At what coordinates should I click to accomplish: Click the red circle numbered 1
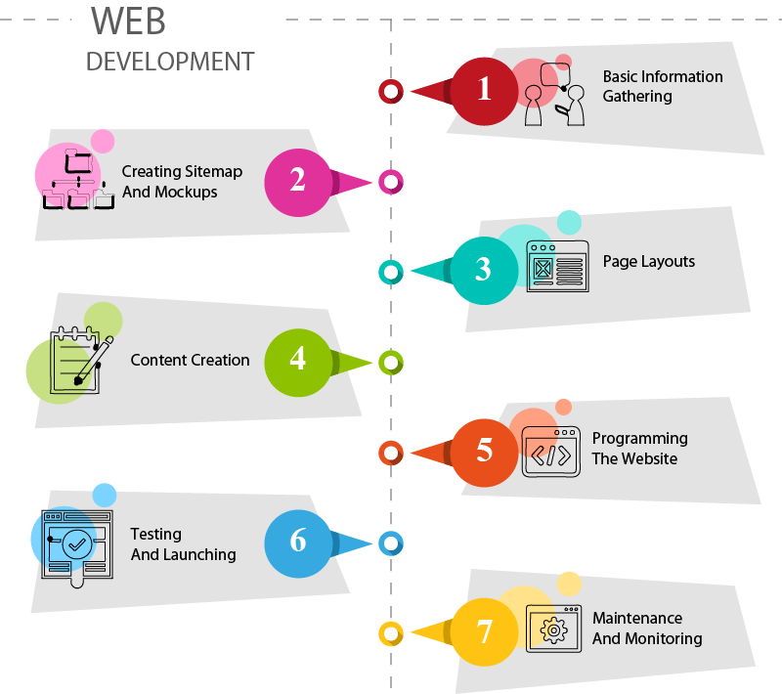pyautogui.click(x=484, y=90)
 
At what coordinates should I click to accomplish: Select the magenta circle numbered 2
pyautogui.click(x=298, y=181)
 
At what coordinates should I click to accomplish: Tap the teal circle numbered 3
pyautogui.click(x=484, y=270)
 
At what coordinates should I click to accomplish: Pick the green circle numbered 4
pyautogui.click(x=298, y=361)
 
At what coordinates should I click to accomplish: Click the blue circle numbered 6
pyautogui.click(x=298, y=542)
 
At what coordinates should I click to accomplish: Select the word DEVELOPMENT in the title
pyautogui.click(x=170, y=61)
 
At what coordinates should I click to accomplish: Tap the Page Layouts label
pyautogui.click(x=648, y=262)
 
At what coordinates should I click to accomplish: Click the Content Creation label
pyautogui.click(x=190, y=361)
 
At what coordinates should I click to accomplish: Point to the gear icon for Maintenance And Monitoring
pyautogui.click(x=554, y=629)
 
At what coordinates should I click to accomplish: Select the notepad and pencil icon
pyautogui.click(x=77, y=361)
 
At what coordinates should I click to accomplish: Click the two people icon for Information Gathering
pyautogui.click(x=554, y=94)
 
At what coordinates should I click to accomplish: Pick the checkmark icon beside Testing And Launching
pyautogui.click(x=76, y=542)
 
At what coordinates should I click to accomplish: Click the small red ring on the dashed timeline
pyautogui.click(x=391, y=91)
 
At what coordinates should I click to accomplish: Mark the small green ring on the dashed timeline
pyautogui.click(x=391, y=363)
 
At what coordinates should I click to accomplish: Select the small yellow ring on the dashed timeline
pyautogui.click(x=391, y=633)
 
